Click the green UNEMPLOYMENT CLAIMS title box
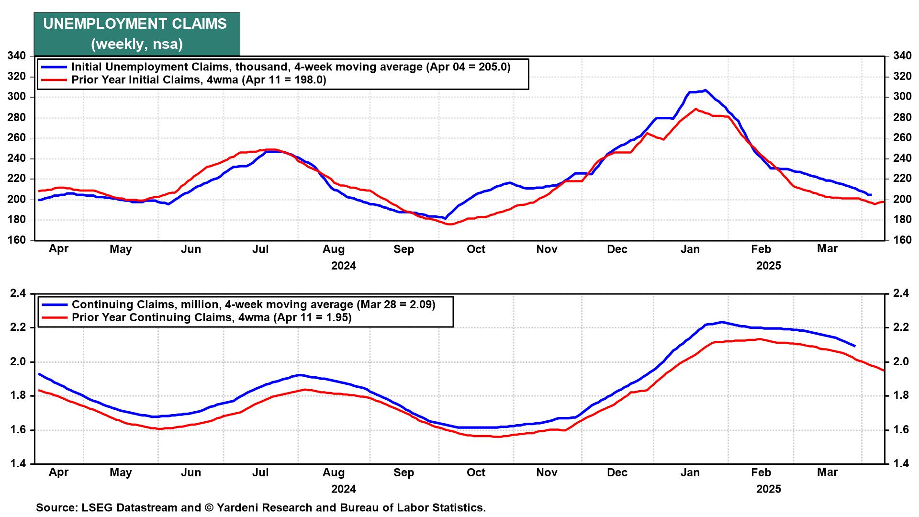(137, 34)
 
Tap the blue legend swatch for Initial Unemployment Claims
(54, 67)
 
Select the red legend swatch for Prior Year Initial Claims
(54, 80)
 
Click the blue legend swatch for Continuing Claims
(54, 304)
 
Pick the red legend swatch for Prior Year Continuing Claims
(54, 317)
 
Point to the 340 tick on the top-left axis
(16, 56)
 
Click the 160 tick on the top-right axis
(902, 240)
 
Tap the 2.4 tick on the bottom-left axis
(18, 293)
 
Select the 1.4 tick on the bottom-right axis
(900, 464)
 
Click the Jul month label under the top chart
(260, 249)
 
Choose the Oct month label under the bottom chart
(476, 472)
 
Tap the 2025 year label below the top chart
(768, 266)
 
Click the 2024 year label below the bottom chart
(344, 489)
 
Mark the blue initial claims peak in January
(705, 90)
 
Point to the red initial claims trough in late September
(450, 224)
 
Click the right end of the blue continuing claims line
(855, 346)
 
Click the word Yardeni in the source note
(238, 507)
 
